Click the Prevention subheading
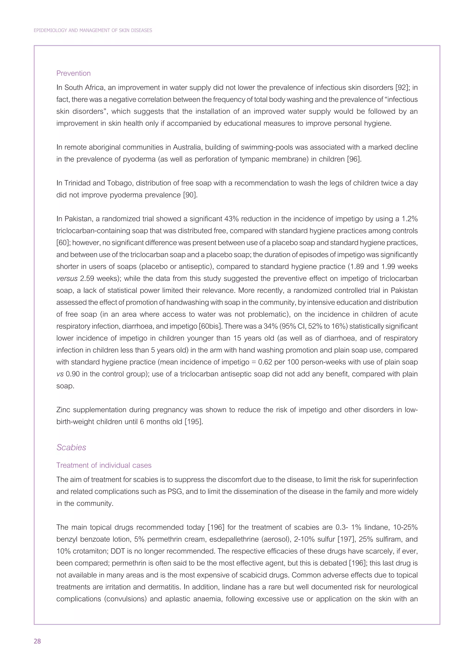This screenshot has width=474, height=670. tap(73, 73)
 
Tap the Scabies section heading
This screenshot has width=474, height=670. tap(71, 447)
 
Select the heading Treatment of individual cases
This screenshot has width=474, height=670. tap(104, 465)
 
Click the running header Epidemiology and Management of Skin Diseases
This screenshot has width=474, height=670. tap(93, 30)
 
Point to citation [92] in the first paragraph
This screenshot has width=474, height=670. tap(400, 88)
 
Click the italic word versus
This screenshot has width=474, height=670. tap(67, 278)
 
